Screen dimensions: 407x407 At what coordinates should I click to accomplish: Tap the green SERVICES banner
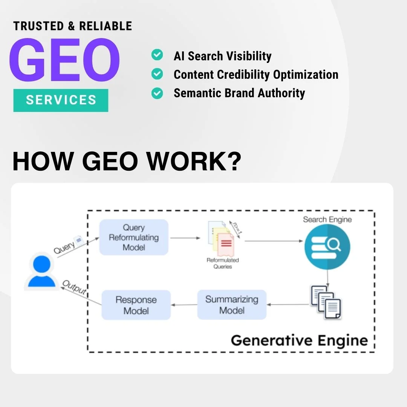[x=61, y=100]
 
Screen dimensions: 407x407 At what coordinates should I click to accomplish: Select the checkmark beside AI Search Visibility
[x=157, y=55]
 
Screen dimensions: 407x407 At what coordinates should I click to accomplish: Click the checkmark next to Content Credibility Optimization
[x=157, y=74]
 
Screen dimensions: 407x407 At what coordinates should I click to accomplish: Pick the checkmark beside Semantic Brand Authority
[x=157, y=93]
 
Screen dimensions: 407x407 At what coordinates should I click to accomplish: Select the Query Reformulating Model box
[x=134, y=237]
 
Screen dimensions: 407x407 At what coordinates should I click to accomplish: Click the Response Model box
[x=136, y=305]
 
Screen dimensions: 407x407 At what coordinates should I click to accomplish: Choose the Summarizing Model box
[x=232, y=305]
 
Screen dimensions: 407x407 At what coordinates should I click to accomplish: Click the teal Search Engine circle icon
[x=327, y=247]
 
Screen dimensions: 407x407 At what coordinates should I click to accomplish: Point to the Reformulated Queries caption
[x=223, y=263]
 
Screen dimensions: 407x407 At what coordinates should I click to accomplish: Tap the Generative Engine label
[x=299, y=340]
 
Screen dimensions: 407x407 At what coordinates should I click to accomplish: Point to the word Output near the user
[x=74, y=288]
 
